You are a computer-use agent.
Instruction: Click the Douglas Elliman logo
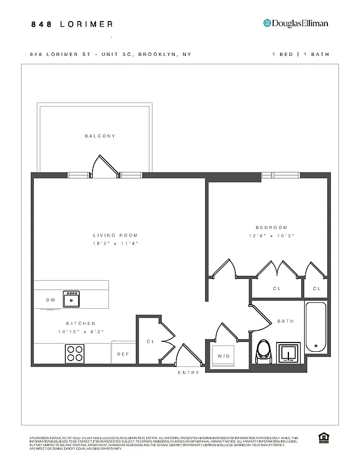pyautogui.click(x=295, y=23)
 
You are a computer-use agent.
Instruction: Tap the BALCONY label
pyautogui.click(x=100, y=136)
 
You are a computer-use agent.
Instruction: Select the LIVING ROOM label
pyautogui.click(x=117, y=235)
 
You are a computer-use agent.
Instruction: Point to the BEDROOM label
pyautogui.click(x=271, y=227)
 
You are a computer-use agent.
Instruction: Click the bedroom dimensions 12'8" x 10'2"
pyautogui.click(x=271, y=236)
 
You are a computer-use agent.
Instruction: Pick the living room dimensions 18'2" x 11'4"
pyautogui.click(x=117, y=243)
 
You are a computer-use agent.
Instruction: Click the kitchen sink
pyautogui.click(x=72, y=299)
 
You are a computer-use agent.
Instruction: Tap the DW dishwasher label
pyautogui.click(x=51, y=300)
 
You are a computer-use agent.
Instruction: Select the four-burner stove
pyautogui.click(x=75, y=353)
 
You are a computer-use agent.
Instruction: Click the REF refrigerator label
pyautogui.click(x=123, y=354)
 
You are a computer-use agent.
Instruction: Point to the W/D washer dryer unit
pyautogui.click(x=223, y=356)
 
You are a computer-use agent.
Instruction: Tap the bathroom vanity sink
pyautogui.click(x=288, y=352)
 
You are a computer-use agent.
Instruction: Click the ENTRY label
pyautogui.click(x=189, y=372)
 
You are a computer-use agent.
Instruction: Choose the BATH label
pyautogui.click(x=285, y=321)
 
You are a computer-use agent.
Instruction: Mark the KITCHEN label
pyautogui.click(x=80, y=323)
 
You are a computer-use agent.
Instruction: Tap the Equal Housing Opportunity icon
pyautogui.click(x=322, y=438)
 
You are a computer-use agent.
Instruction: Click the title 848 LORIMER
pyautogui.click(x=72, y=24)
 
